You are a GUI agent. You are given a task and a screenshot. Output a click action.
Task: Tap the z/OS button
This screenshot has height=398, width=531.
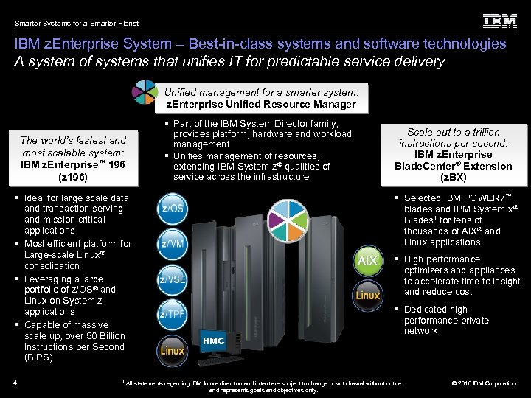(x=173, y=209)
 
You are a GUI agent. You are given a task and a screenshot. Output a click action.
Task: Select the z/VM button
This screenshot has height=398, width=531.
(x=173, y=244)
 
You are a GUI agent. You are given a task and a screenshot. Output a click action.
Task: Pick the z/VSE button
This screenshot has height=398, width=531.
(x=173, y=280)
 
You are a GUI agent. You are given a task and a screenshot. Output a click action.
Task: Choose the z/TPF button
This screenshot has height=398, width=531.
(x=173, y=315)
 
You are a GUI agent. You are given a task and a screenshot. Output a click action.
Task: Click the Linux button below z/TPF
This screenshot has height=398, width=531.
(x=173, y=349)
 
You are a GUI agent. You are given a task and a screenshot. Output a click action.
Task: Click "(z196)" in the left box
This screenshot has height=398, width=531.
(x=73, y=178)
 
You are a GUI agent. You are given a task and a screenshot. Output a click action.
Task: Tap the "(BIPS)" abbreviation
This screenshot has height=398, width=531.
(x=39, y=358)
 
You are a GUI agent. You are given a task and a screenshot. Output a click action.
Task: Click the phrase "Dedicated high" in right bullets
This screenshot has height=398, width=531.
(x=436, y=310)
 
